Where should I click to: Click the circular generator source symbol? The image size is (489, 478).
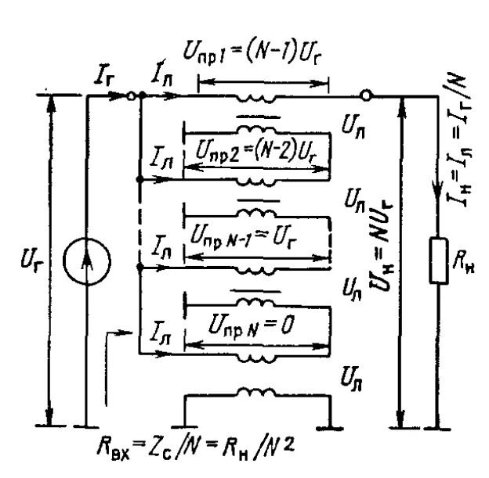coord(83,259)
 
